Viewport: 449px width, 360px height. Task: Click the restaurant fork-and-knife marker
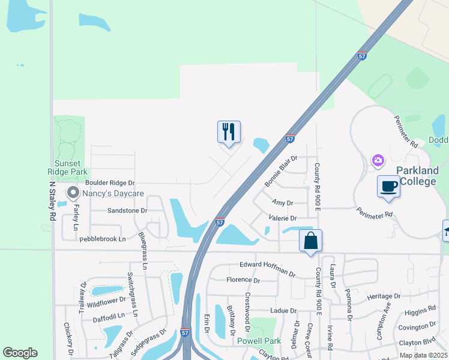pyautogui.click(x=229, y=131)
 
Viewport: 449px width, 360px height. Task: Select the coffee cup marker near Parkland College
pyautogui.click(x=388, y=186)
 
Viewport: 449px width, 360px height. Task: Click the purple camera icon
pyautogui.click(x=378, y=160)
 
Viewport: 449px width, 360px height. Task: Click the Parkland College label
pyautogui.click(x=416, y=176)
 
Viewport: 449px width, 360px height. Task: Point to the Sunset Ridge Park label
pyautogui.click(x=68, y=167)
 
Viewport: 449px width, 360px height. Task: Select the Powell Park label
pyautogui.click(x=259, y=341)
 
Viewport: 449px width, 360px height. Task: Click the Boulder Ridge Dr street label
pyautogui.click(x=110, y=182)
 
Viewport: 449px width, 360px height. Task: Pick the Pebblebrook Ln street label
pyautogui.click(x=103, y=238)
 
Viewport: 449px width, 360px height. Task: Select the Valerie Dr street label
pyautogui.click(x=283, y=218)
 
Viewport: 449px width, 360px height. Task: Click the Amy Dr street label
pyautogui.click(x=282, y=203)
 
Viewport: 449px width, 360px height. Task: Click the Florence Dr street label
pyautogui.click(x=243, y=280)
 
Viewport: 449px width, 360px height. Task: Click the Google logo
pyautogui.click(x=20, y=353)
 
